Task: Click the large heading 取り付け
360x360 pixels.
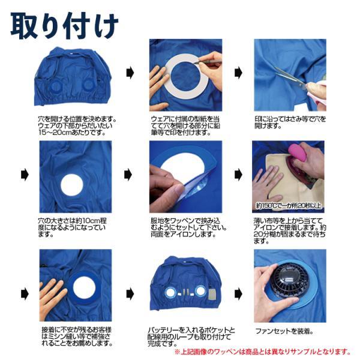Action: (x=65, y=25)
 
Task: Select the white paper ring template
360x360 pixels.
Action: (x=187, y=76)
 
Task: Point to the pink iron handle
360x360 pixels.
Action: (x=298, y=152)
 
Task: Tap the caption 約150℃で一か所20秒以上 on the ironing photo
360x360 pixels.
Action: (x=289, y=205)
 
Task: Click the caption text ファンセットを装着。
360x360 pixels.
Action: (x=284, y=331)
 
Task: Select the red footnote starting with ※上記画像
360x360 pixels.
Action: (x=262, y=352)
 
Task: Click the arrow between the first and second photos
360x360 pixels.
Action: (x=130, y=73)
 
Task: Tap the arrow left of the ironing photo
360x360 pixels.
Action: (x=238, y=175)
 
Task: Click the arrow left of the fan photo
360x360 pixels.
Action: (x=238, y=294)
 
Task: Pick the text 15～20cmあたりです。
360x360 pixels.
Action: (x=72, y=133)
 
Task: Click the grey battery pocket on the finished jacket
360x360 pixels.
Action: (x=213, y=294)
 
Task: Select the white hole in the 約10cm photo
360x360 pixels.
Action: (x=71, y=185)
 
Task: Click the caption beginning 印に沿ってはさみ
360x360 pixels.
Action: (x=290, y=122)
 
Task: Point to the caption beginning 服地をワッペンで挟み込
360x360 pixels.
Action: (x=189, y=227)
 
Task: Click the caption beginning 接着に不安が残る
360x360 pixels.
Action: (x=77, y=337)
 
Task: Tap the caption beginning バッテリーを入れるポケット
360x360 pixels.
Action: (x=191, y=337)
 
